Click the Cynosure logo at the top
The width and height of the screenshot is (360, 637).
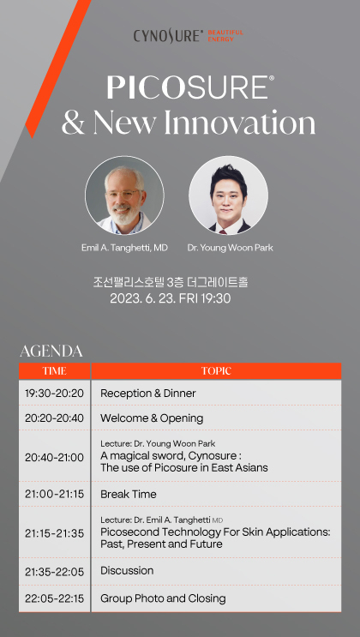[189, 35]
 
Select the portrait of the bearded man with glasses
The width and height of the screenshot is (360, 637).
[124, 195]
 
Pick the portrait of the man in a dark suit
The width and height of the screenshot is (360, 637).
[228, 195]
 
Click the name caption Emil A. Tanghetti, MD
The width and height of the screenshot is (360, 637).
[124, 248]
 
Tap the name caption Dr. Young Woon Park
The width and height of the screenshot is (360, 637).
[230, 248]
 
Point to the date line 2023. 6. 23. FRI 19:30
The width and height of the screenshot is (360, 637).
[171, 298]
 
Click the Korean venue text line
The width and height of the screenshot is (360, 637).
[171, 281]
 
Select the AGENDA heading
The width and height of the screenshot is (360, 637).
[51, 351]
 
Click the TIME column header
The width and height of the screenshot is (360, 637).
[55, 371]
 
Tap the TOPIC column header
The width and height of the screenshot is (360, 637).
[216, 371]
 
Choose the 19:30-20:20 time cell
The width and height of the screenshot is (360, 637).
[55, 394]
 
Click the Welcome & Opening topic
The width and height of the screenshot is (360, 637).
[152, 418]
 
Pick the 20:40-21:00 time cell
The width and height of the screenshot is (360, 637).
[55, 458]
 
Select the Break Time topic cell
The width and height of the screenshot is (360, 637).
[216, 494]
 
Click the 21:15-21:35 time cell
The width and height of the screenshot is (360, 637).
[55, 533]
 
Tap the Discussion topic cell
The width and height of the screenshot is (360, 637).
[216, 571]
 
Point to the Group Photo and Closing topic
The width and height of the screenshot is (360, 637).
[163, 598]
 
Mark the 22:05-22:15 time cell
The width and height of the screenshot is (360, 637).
[55, 598]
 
